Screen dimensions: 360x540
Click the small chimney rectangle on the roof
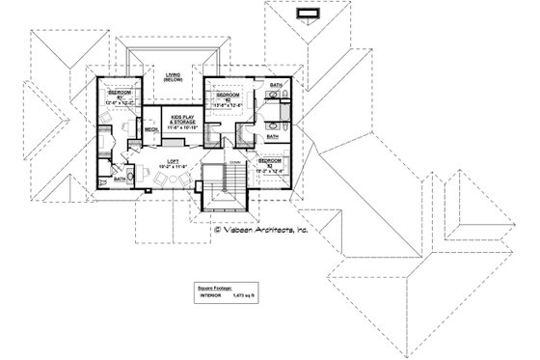[311, 13]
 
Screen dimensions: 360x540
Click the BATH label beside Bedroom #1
[119, 178]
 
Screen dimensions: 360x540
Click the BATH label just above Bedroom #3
[271, 137]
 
